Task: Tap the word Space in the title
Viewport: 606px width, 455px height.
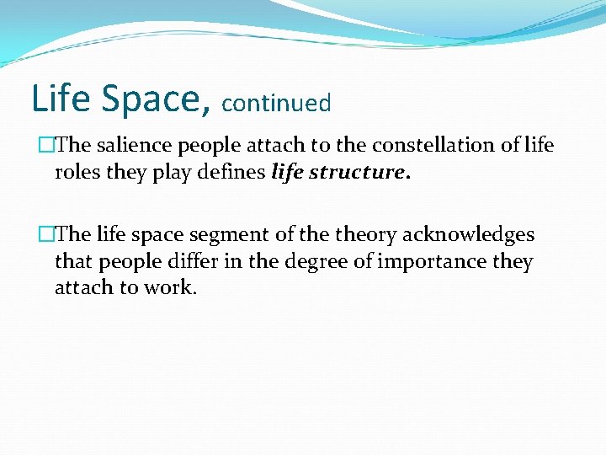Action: coord(151,98)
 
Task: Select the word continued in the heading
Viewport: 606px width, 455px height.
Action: coord(277,104)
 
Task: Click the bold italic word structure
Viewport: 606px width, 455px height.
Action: coord(359,173)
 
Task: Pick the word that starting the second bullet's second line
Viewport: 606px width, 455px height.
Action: coord(74,262)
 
